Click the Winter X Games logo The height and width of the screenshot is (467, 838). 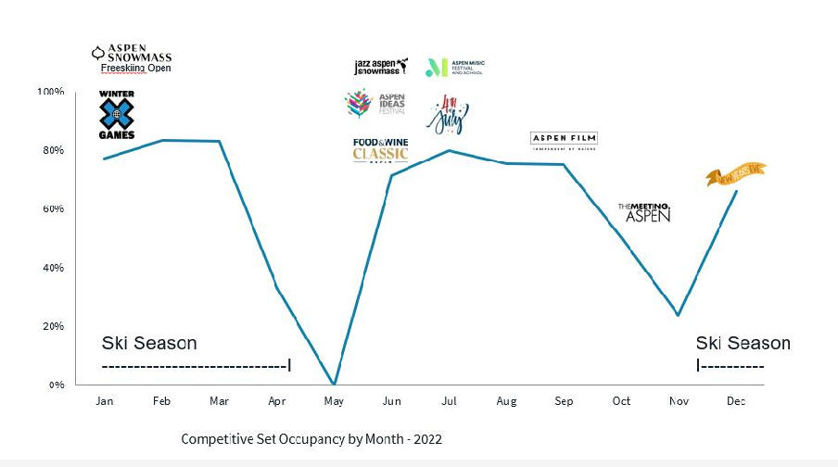pyautogui.click(x=117, y=115)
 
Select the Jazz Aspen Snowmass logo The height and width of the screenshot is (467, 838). pyautogui.click(x=381, y=67)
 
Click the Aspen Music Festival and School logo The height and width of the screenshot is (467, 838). pyautogui.click(x=454, y=67)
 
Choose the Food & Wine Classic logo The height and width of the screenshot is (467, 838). pyautogui.click(x=380, y=149)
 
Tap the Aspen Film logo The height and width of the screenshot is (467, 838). pyautogui.click(x=564, y=139)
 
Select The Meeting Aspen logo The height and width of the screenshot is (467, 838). pyautogui.click(x=643, y=212)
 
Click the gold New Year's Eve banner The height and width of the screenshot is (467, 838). pyautogui.click(x=736, y=174)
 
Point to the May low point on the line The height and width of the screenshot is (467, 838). pyautogui.click(x=334, y=384)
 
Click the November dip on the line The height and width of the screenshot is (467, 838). pyautogui.click(x=679, y=315)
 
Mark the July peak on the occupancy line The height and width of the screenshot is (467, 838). pyautogui.click(x=449, y=150)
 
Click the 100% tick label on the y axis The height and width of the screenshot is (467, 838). pyautogui.click(x=50, y=92)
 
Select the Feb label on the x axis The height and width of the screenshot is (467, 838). pyautogui.click(x=161, y=401)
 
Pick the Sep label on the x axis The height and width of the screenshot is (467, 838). pyautogui.click(x=564, y=401)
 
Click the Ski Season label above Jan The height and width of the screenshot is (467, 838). pyautogui.click(x=149, y=344)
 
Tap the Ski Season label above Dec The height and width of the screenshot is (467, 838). pyautogui.click(x=743, y=344)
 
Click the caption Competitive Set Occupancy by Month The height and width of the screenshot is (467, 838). pyautogui.click(x=318, y=437)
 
